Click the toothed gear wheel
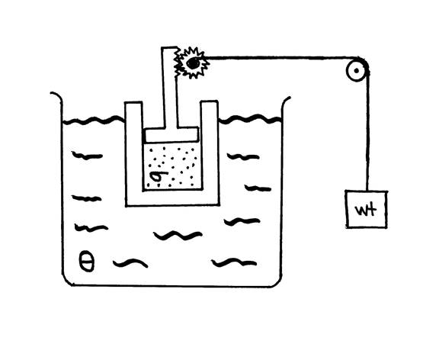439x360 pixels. pyautogui.click(x=194, y=63)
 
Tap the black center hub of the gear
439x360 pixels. pyautogui.click(x=193, y=63)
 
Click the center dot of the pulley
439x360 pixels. pyautogui.click(x=357, y=71)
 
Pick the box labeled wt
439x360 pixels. pyautogui.click(x=367, y=209)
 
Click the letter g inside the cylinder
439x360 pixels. pyautogui.click(x=159, y=178)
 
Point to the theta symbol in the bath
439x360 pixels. pyautogui.click(x=87, y=262)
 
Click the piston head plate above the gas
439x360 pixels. pyautogui.click(x=171, y=134)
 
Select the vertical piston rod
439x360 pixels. pyautogui.click(x=169, y=88)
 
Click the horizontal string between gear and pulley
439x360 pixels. pyautogui.click(x=277, y=58)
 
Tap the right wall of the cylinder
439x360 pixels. pyautogui.click(x=210, y=150)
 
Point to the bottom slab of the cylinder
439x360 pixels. pyautogui.click(x=172, y=198)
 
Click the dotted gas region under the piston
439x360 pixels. pyautogui.click(x=172, y=167)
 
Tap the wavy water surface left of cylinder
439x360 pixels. pyautogui.click(x=93, y=121)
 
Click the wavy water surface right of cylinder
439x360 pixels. pyautogui.click(x=250, y=119)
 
